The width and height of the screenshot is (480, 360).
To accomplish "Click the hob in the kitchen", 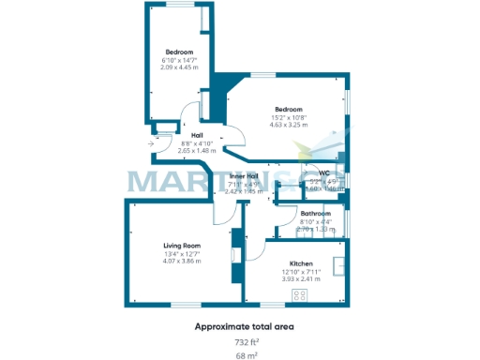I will (300, 294).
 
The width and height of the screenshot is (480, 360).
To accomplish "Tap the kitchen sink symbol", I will (340, 264).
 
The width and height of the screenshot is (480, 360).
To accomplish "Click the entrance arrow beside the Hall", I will (151, 143).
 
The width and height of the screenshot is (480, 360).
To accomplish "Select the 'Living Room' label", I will (178, 245).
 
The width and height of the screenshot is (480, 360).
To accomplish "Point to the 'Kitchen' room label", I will (301, 263).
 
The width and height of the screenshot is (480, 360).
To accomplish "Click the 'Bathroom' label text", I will (315, 213).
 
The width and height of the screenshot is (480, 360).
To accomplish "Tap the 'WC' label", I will (324, 172).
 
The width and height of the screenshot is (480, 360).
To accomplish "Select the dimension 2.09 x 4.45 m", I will (179, 67).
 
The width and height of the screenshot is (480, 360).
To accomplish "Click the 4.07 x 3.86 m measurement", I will (178, 261).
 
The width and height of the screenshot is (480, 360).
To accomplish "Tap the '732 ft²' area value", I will (245, 342).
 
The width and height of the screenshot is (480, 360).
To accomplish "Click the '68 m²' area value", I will (245, 356).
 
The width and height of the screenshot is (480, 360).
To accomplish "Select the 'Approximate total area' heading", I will (245, 326).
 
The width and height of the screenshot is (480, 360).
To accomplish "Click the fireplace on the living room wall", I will (234, 254).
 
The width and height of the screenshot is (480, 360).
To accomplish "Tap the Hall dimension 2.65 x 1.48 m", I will (197, 150).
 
